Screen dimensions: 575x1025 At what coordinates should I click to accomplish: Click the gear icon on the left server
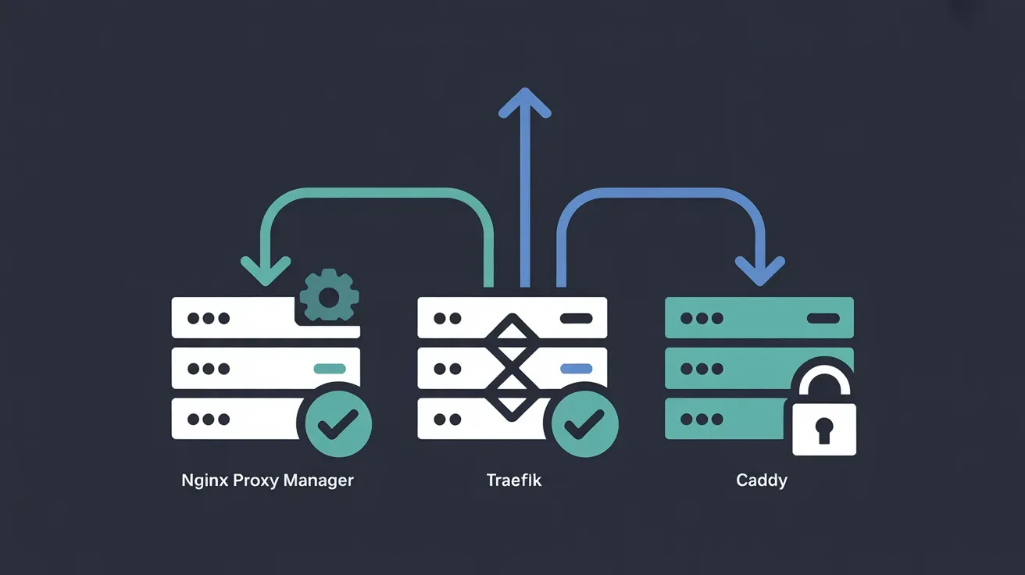tap(329, 296)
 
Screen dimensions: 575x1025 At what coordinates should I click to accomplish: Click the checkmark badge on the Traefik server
tap(585, 423)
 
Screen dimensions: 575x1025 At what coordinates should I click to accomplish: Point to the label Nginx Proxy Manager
tap(267, 480)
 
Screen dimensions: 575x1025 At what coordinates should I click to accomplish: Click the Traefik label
tap(513, 480)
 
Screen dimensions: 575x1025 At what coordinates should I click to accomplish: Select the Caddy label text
tap(761, 480)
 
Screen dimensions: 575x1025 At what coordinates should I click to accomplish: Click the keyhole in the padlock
tap(824, 429)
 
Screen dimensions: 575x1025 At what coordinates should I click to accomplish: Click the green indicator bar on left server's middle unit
tap(329, 369)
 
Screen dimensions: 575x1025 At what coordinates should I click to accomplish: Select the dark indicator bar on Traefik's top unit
tap(577, 318)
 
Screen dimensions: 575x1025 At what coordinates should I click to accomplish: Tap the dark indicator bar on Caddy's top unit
tap(823, 318)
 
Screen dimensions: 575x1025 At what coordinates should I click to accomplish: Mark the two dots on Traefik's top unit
tap(447, 318)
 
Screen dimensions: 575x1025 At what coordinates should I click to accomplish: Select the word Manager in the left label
tap(318, 480)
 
